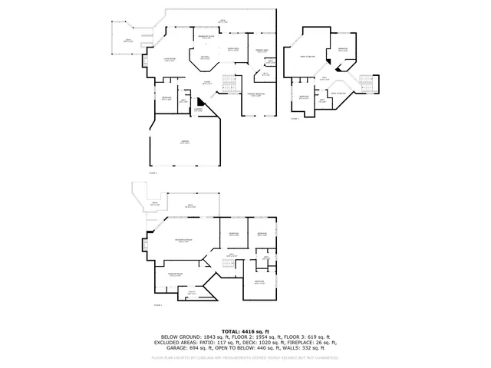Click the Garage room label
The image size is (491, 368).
click(x=185, y=143)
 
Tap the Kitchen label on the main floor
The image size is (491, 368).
click(x=206, y=58)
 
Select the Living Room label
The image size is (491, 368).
click(x=170, y=59)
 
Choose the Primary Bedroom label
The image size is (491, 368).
click(x=257, y=95)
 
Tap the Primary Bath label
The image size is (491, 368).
click(x=262, y=52)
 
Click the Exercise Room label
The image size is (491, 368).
click(x=174, y=274)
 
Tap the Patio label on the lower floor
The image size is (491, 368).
click(x=155, y=204)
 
